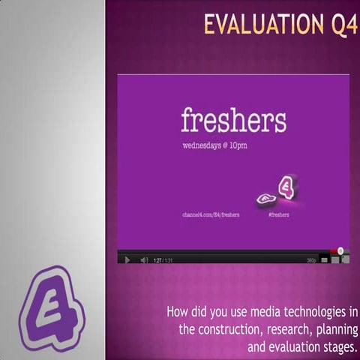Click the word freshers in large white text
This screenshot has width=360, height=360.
click(233, 120)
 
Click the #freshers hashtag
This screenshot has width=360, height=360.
click(278, 214)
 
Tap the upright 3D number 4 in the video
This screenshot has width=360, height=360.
click(287, 187)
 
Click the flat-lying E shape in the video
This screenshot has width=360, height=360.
click(266, 199)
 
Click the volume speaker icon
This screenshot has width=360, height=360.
click(144, 259)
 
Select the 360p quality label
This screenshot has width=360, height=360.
click(311, 259)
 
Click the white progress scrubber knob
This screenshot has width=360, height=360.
click(340, 250)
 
